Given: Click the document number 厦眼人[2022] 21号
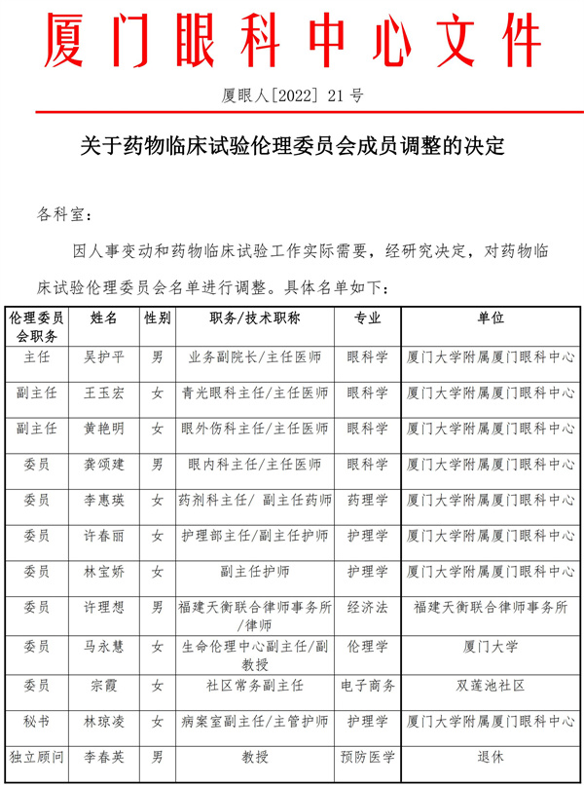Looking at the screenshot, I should pos(292,95).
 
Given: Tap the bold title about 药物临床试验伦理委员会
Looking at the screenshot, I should pos(292,147).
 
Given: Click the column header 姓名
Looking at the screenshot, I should pos(104,318).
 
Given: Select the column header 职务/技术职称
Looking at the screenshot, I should pos(254,318).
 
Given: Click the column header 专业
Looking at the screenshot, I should pos(367,318).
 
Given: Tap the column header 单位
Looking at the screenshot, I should pos(491,318).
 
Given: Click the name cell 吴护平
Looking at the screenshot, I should pos(104,356).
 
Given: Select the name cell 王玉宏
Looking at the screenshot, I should pos(104,392).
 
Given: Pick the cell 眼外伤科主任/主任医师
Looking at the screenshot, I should pos(254,429).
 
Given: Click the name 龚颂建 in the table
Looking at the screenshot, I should pos(104,464).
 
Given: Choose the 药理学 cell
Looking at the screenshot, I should pos(367,500).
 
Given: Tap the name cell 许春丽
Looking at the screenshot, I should pos(104,536).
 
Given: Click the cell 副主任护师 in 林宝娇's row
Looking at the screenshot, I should pos(254,571).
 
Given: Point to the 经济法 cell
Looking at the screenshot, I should pos(367,607).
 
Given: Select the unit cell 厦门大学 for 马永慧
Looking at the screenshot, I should pos(491,646).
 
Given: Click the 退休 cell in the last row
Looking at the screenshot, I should pos(491,756).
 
